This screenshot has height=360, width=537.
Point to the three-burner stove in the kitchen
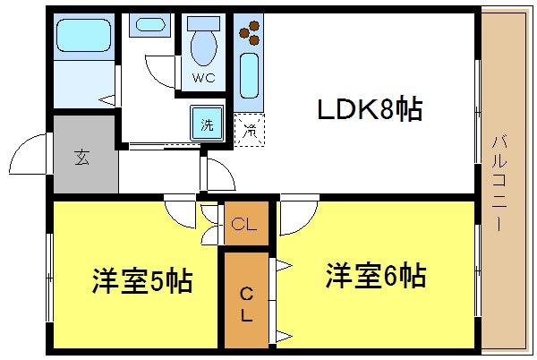click(x=249, y=34)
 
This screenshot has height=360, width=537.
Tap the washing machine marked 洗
click(x=207, y=122)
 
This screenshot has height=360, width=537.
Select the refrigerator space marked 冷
click(x=249, y=129)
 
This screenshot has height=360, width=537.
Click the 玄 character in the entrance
click(x=82, y=159)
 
